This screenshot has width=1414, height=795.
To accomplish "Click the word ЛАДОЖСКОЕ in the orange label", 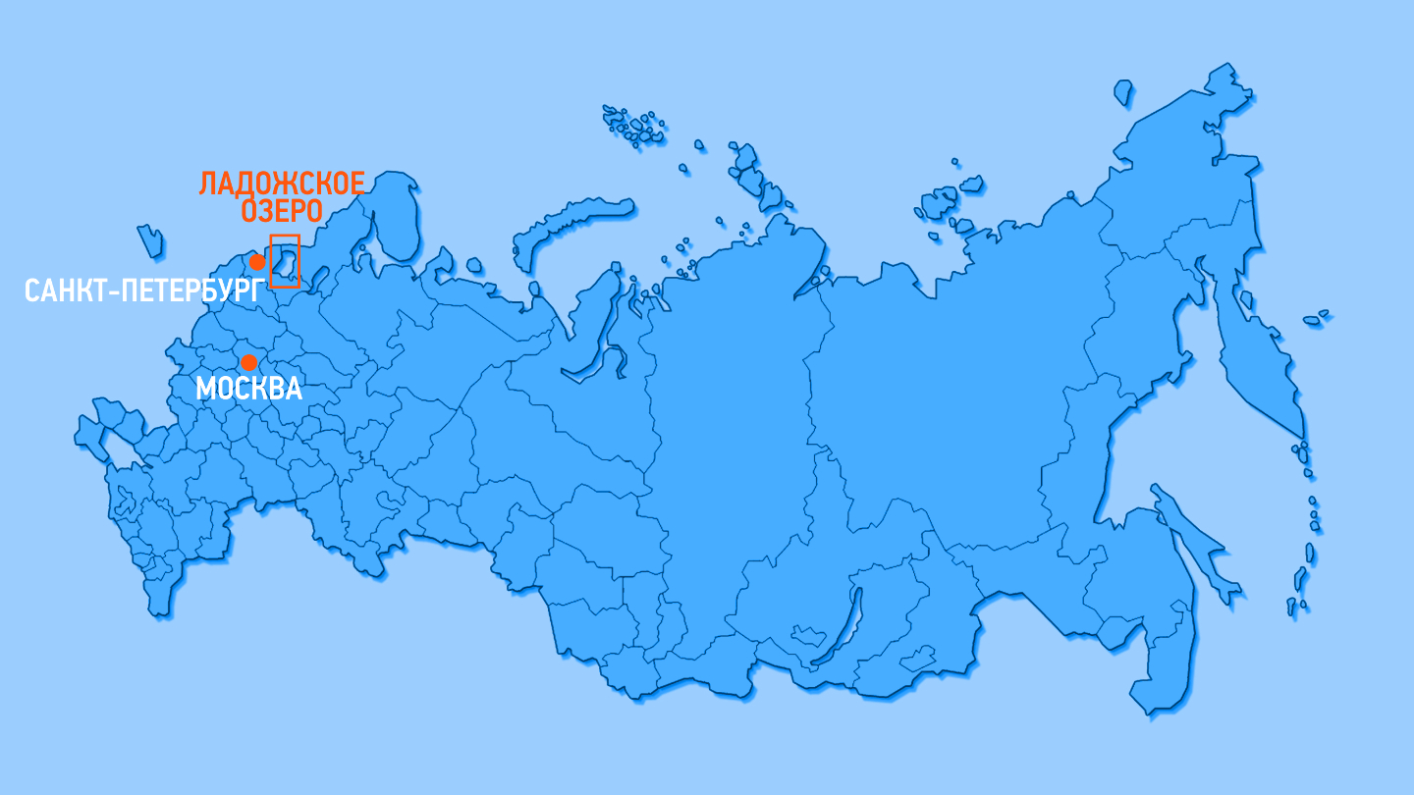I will pos(282,184).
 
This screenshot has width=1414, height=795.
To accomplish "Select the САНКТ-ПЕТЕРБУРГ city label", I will pos(145,291).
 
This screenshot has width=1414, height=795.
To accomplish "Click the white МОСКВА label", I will pos(248,389).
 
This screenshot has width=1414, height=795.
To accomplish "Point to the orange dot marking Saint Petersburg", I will pos(257,262).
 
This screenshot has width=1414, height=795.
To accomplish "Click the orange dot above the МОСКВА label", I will pos(248,362).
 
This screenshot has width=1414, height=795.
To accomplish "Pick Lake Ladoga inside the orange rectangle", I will pos(285,262).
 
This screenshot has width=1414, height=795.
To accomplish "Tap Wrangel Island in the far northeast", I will pos(1123,92).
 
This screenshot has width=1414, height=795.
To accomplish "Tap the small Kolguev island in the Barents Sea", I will pos(475,265).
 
